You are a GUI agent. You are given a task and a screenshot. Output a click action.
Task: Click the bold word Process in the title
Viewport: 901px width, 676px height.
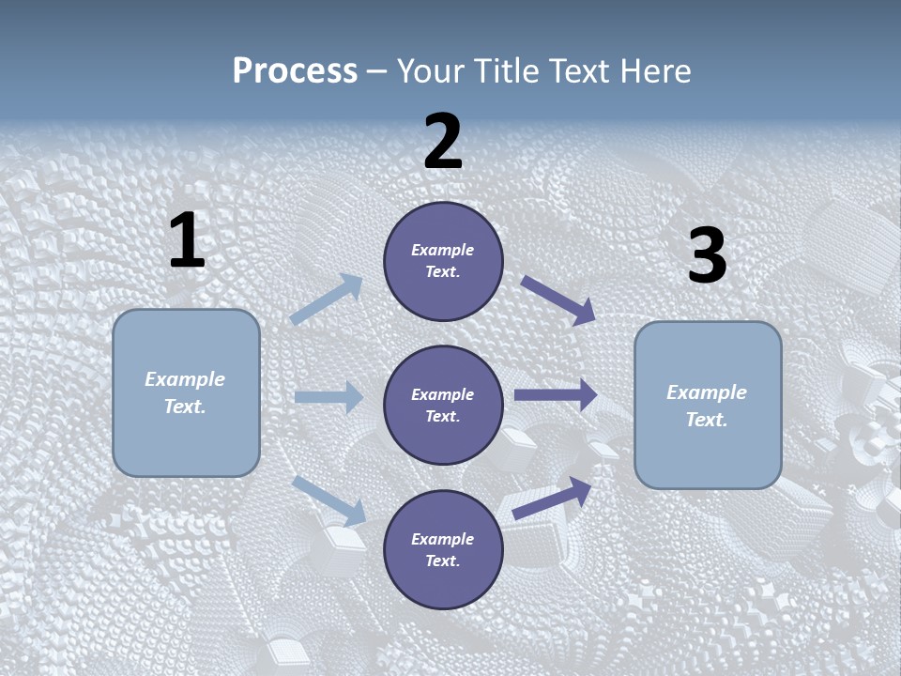click(295, 71)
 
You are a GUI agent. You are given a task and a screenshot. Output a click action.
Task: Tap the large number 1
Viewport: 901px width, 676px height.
click(187, 241)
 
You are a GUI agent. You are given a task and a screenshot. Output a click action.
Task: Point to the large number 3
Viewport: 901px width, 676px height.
click(707, 256)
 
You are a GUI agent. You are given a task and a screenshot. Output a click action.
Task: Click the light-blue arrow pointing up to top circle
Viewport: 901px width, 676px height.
click(327, 300)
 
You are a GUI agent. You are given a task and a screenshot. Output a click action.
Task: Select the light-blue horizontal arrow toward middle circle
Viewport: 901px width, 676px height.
click(328, 397)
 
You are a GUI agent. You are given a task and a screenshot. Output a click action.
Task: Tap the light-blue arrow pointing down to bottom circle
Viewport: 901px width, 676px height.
click(329, 499)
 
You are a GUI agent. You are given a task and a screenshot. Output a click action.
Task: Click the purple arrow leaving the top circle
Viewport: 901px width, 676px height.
click(557, 300)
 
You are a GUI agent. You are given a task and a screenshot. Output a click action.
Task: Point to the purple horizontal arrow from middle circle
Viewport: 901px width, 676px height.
click(556, 395)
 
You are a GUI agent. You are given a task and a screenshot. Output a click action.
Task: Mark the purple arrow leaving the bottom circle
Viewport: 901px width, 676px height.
click(553, 499)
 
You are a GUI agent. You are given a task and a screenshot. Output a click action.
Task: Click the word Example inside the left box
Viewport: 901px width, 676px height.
click(185, 379)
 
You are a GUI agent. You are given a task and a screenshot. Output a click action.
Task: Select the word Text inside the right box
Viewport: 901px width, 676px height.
click(706, 420)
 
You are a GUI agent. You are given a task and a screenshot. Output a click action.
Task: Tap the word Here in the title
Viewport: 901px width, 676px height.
click(655, 71)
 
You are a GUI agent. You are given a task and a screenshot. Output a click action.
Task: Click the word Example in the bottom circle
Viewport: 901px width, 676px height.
click(442, 539)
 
